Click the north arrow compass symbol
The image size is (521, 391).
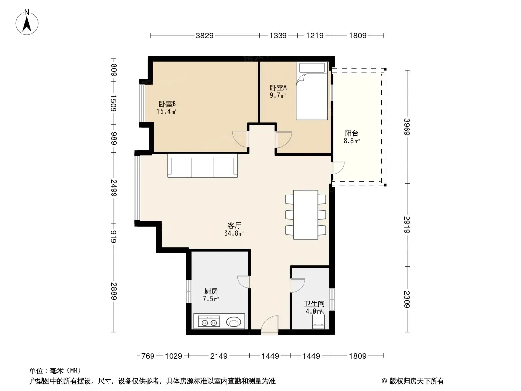pyautogui.click(x=27, y=22)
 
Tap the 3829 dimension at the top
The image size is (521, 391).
pyautogui.click(x=204, y=35)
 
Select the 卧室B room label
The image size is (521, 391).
pyautogui.click(x=167, y=104)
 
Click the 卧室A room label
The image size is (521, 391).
pyautogui.click(x=278, y=87)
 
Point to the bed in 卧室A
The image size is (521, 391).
pyautogui.click(x=312, y=91)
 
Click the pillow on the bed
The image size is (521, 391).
pyautogui.click(x=312, y=68)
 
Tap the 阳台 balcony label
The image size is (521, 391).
pyautogui.click(x=351, y=133)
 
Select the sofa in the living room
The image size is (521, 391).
pyautogui.click(x=202, y=166)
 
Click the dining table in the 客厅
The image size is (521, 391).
pyautogui.click(x=305, y=215)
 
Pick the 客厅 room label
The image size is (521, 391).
pyautogui.click(x=234, y=226)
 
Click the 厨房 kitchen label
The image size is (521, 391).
pyautogui.click(x=211, y=291)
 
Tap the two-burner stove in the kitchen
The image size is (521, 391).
pyautogui.click(x=209, y=322)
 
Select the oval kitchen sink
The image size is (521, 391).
pyautogui.click(x=234, y=322)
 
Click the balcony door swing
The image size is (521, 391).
pyautogui.click(x=338, y=168)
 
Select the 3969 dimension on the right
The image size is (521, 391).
pyautogui.click(x=407, y=127)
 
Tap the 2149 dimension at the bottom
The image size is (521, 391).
pyautogui.click(x=219, y=356)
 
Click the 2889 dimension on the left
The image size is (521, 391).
pyautogui.click(x=114, y=291)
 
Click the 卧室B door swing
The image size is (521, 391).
pyautogui.click(x=240, y=139)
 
